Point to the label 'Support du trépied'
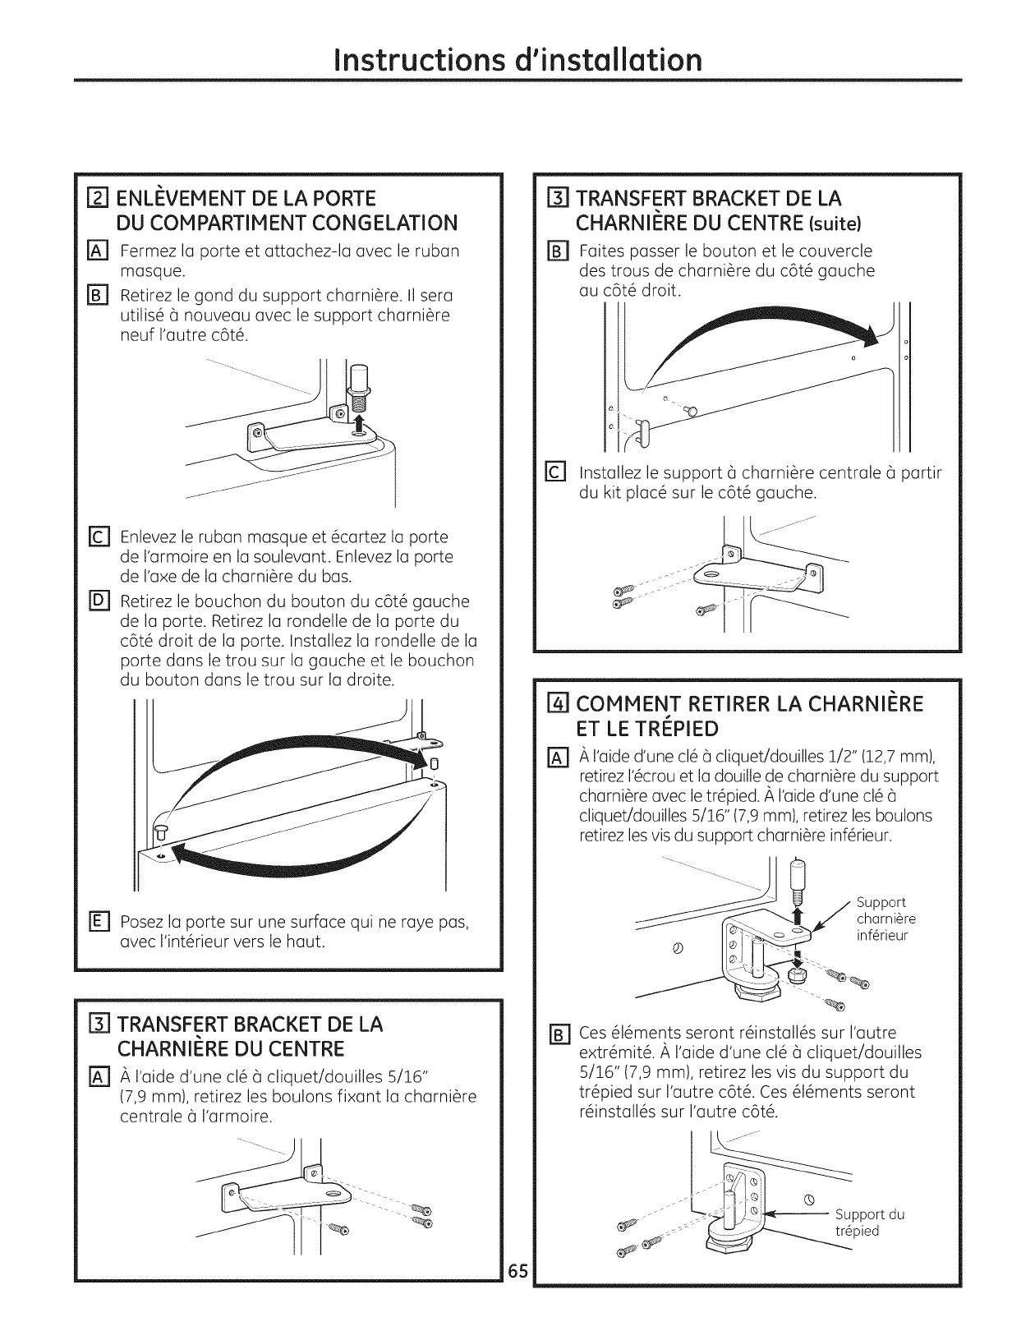click(869, 1222)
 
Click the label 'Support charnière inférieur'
click(885, 919)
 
